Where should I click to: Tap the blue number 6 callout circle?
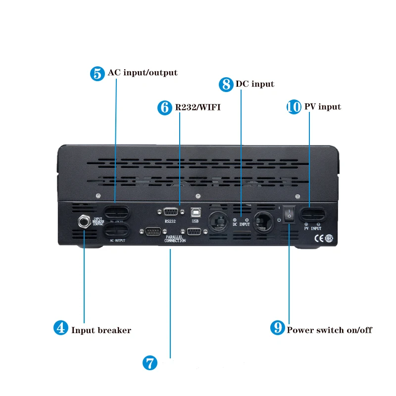(164, 108)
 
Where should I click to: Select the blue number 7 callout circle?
(149, 363)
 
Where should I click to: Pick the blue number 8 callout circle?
(226, 84)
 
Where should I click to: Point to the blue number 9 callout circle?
(278, 328)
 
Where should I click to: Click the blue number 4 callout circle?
(60, 328)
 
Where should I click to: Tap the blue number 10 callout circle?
(294, 107)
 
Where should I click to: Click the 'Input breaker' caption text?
(101, 330)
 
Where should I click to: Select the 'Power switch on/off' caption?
(329, 330)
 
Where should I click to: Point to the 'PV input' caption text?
(322, 107)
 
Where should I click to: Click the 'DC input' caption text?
(255, 84)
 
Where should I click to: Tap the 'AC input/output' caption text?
(142, 73)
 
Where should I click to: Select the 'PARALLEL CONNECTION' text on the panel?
(175, 239)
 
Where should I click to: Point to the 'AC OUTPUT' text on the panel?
(117, 241)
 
